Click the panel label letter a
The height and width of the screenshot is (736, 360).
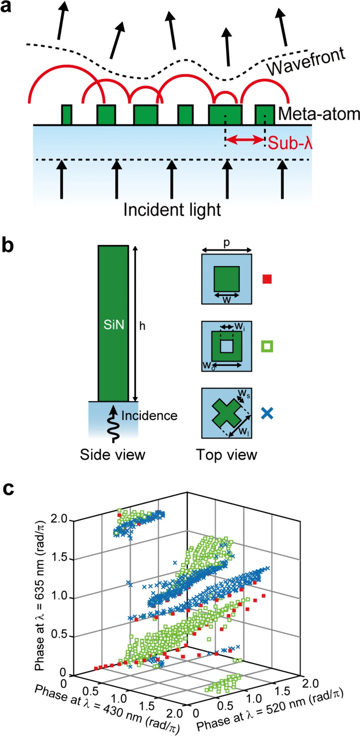coord(6,6)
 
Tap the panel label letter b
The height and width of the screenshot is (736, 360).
coord(7,245)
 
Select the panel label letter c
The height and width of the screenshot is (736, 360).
coord(8,489)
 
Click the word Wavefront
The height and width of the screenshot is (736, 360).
coord(306,62)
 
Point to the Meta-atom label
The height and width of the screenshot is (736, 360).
coord(319,114)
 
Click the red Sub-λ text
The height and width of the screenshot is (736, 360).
coord(290,143)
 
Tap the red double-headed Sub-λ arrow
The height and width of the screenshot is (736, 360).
coord(245,140)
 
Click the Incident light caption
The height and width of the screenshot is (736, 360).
coord(172,210)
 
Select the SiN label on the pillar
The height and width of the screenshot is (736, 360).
coord(114,325)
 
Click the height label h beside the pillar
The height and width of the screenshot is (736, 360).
coord(142,326)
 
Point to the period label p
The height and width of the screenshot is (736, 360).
coord(226,242)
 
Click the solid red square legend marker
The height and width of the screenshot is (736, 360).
coord(267,279)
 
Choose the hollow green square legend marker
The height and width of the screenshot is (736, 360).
coord(267,346)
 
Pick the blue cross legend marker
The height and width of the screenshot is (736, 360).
coord(267,413)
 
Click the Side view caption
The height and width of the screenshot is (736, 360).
coord(112,455)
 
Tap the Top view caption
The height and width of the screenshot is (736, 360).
coord(226,455)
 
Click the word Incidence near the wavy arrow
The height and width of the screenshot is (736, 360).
coord(149,416)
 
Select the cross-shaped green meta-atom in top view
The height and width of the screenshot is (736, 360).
coord(226,413)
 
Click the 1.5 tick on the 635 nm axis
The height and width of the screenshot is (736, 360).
coord(59,557)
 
